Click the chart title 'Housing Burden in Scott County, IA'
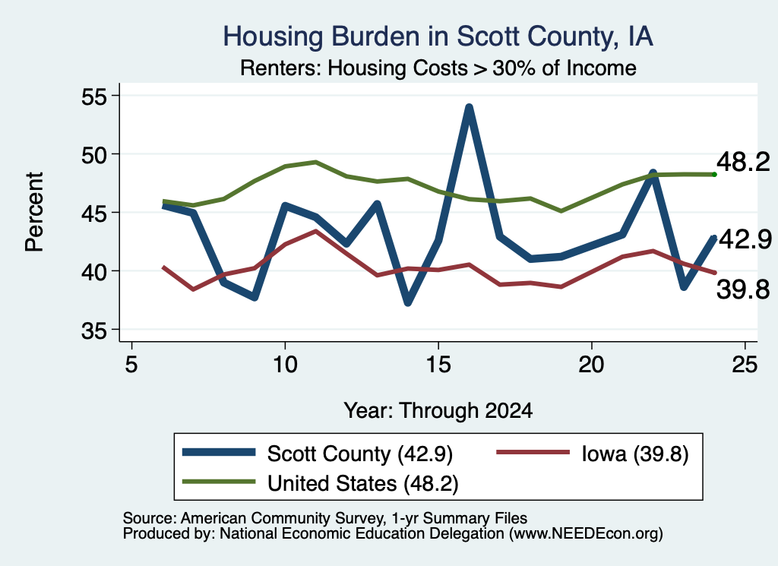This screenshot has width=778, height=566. pyautogui.click(x=438, y=36)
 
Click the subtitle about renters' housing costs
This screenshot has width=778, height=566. pyautogui.click(x=438, y=68)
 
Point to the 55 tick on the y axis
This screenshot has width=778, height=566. pyautogui.click(x=94, y=96)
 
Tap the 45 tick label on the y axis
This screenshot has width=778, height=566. pyautogui.click(x=94, y=213)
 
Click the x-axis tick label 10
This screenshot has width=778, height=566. pyautogui.click(x=285, y=365)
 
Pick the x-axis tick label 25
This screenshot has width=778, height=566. pyautogui.click(x=745, y=365)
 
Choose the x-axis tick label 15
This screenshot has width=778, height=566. pyautogui.click(x=438, y=365)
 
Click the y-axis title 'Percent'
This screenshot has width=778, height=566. pyautogui.click(x=34, y=212)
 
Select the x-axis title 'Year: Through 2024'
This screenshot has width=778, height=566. pyautogui.click(x=438, y=411)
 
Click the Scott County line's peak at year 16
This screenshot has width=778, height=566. pyautogui.click(x=469, y=108)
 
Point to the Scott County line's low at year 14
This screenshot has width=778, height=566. pyautogui.click(x=408, y=302)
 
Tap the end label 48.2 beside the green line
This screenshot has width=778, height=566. pyautogui.click(x=743, y=163)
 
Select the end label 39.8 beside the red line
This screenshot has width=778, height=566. pyautogui.click(x=743, y=289)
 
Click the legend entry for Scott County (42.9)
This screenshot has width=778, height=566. pyautogui.click(x=318, y=454)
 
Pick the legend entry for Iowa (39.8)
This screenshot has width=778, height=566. pyautogui.click(x=593, y=454)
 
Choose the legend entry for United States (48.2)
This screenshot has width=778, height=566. pyautogui.click(x=320, y=482)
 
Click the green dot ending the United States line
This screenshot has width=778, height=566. pyautogui.click(x=714, y=175)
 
